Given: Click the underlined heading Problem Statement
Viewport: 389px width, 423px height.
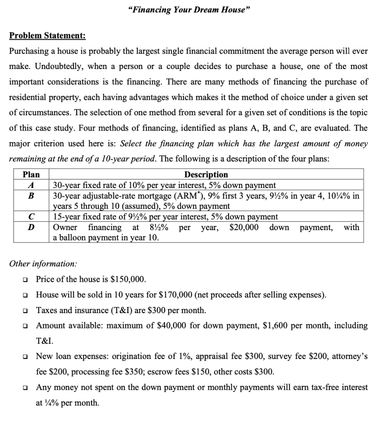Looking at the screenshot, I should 47,36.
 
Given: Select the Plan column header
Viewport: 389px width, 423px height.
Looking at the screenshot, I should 31,175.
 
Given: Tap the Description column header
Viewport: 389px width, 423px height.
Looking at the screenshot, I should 206,175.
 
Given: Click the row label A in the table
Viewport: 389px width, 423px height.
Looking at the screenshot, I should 31,185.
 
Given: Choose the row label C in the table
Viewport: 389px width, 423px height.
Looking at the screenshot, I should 31,216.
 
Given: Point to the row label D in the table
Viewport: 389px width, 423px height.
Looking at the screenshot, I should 31,227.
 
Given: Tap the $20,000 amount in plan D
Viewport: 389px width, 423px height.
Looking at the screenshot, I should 244,227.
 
